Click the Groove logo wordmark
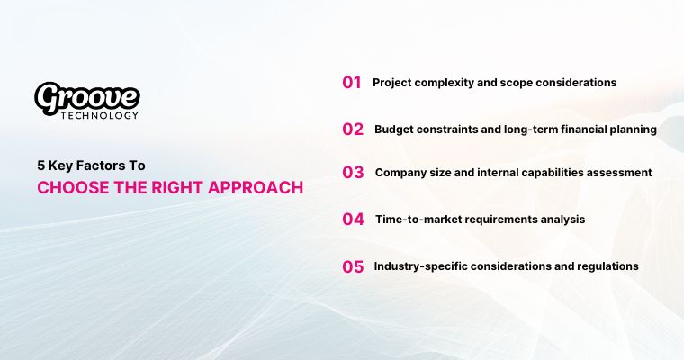click(86, 96)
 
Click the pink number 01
click(351, 83)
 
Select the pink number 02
click(353, 130)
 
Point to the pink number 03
click(353, 173)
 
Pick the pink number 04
click(353, 219)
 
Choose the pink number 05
click(353, 266)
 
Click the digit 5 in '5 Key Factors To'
click(40, 166)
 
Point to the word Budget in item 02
click(395, 129)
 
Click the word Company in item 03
click(400, 172)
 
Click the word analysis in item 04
click(562, 219)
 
